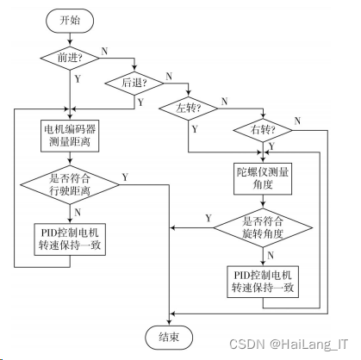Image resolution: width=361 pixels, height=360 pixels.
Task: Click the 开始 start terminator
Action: pyautogui.click(x=70, y=18)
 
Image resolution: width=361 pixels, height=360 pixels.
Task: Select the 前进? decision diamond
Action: pyautogui.click(x=70, y=58)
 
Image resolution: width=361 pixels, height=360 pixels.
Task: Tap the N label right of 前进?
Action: pyautogui.click(x=106, y=51)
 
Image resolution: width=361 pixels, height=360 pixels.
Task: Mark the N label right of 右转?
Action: pyautogui.click(x=299, y=120)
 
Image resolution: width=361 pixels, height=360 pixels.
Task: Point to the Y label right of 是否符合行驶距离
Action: pyautogui.click(x=125, y=177)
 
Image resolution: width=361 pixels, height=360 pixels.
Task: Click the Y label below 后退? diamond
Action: pyautogui.click(x=141, y=102)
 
